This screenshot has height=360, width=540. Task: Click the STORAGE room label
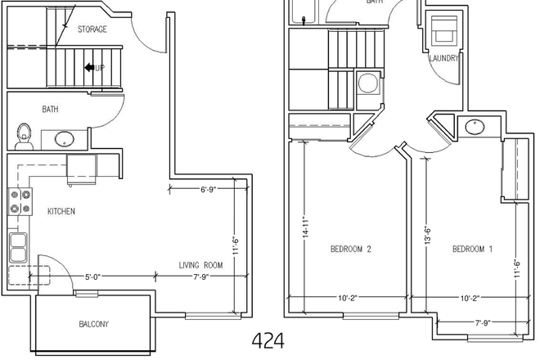click(92, 29)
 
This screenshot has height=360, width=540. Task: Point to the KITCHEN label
click(61, 212)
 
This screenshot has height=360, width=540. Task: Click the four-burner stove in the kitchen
click(20, 201)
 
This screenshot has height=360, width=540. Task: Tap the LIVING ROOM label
click(201, 265)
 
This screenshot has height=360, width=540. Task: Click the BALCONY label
click(94, 325)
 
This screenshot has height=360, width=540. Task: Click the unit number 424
click(268, 340)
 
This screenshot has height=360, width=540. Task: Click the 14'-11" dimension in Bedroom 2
click(304, 226)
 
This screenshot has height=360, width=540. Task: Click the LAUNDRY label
click(443, 59)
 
